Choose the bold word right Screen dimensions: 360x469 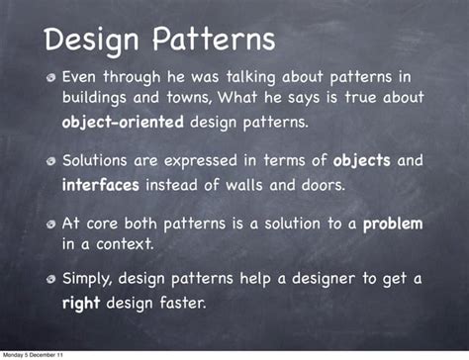pyautogui.click(x=80, y=304)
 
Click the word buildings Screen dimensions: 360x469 pyautogui.click(x=100, y=99)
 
